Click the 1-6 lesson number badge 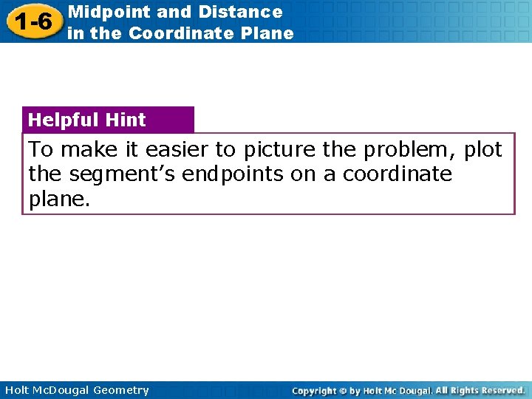[x=32, y=22]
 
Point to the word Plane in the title [x=269, y=33]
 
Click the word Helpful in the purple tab [x=64, y=120]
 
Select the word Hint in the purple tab [x=126, y=120]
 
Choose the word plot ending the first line [x=483, y=150]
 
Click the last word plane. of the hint [x=59, y=199]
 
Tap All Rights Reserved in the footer [x=480, y=390]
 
